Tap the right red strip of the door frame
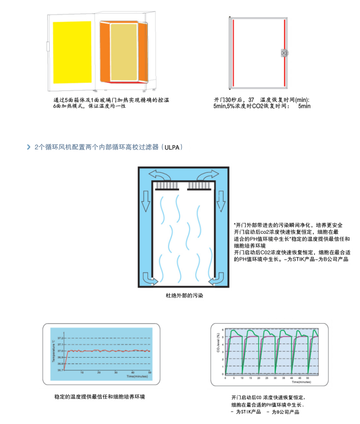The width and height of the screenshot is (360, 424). [284, 52]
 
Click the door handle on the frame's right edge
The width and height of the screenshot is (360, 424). [284, 52]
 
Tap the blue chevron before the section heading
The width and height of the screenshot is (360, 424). [29, 148]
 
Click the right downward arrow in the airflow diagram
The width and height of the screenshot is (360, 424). [221, 200]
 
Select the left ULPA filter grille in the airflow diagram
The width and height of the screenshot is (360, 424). [166, 187]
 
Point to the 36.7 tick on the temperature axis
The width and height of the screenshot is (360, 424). [60, 370]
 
